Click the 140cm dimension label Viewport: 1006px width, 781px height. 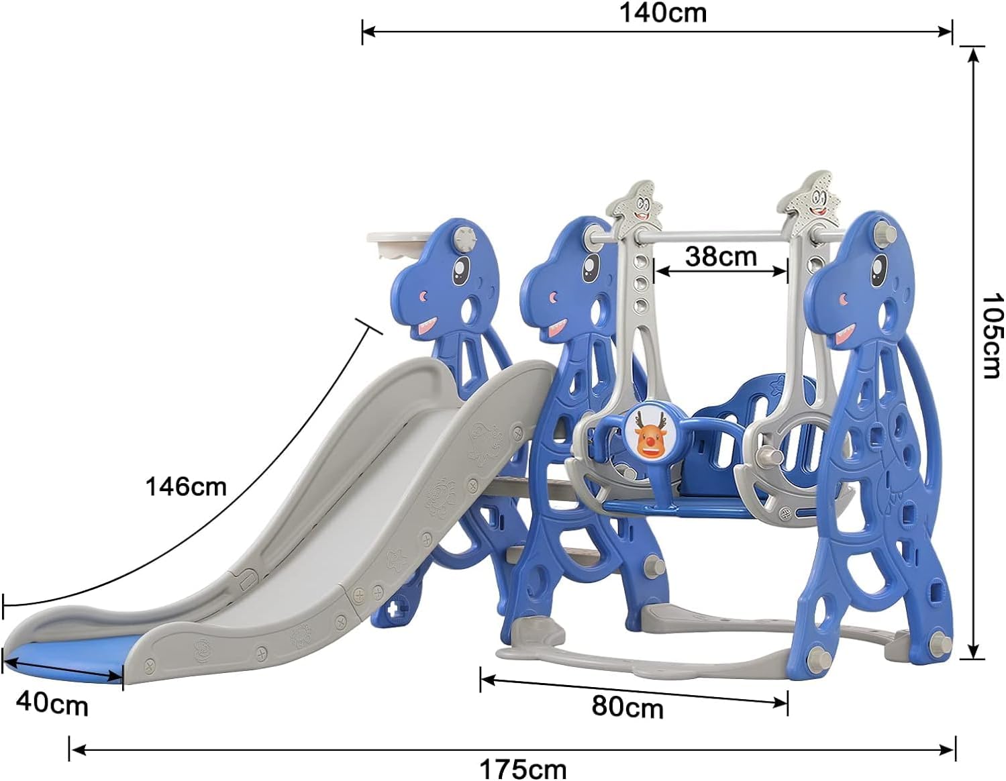[663, 13]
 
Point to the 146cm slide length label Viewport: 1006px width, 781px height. [186, 486]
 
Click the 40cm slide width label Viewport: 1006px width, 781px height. [52, 705]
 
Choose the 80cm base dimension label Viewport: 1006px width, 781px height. [627, 707]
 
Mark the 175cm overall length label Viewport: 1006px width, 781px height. [523, 770]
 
